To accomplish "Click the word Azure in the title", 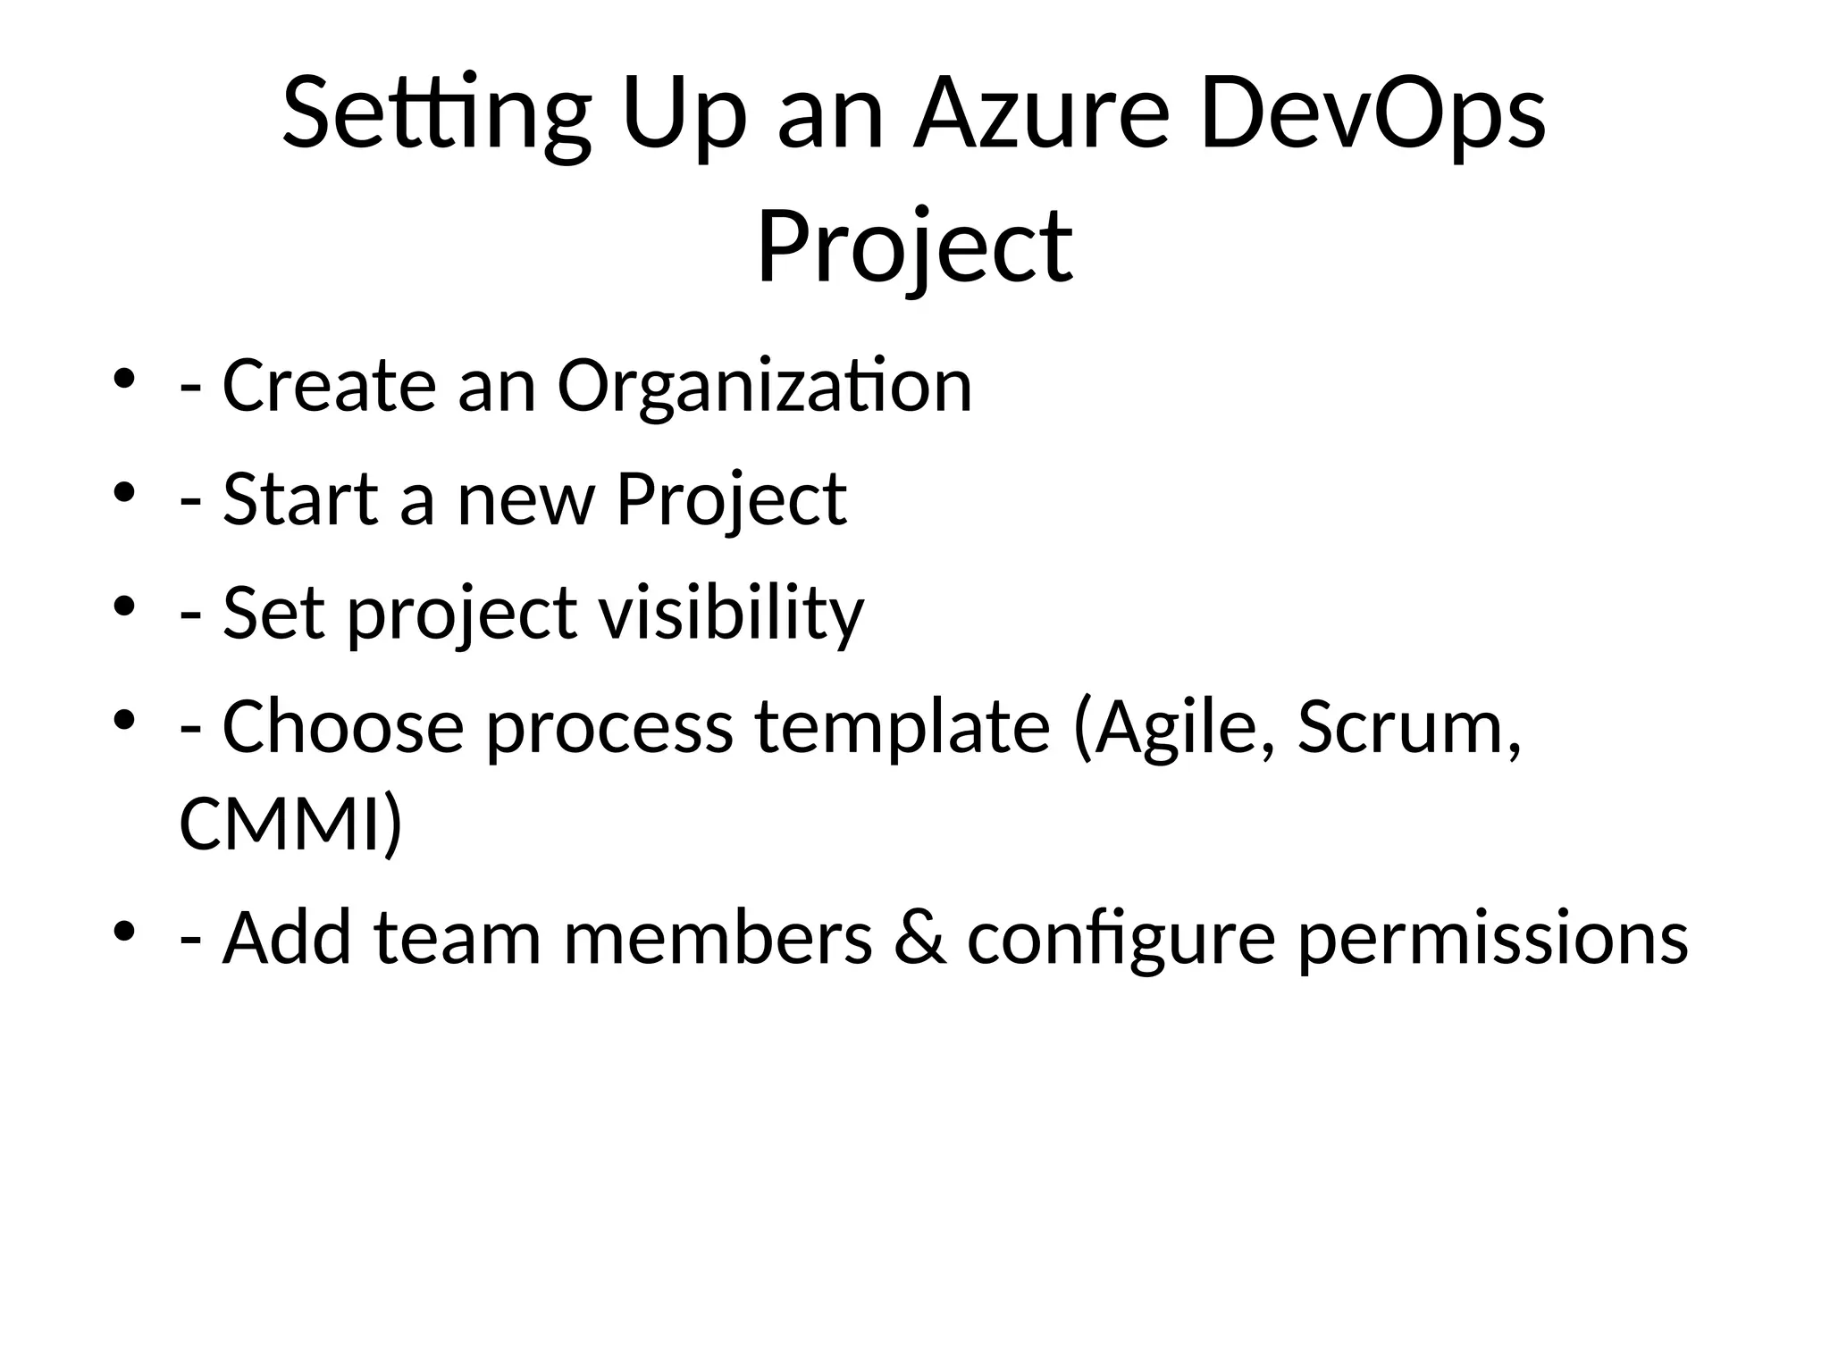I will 1040,114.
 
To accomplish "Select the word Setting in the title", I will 436,114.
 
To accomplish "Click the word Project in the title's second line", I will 914,246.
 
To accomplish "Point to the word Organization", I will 764,386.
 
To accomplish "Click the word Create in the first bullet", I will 329,386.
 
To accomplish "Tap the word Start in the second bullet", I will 300,499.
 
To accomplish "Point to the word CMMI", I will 281,824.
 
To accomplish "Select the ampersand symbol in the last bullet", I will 919,938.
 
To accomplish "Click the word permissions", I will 1492,938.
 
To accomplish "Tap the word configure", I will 1121,938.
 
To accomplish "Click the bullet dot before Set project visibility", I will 124,607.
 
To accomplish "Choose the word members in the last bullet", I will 718,938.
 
